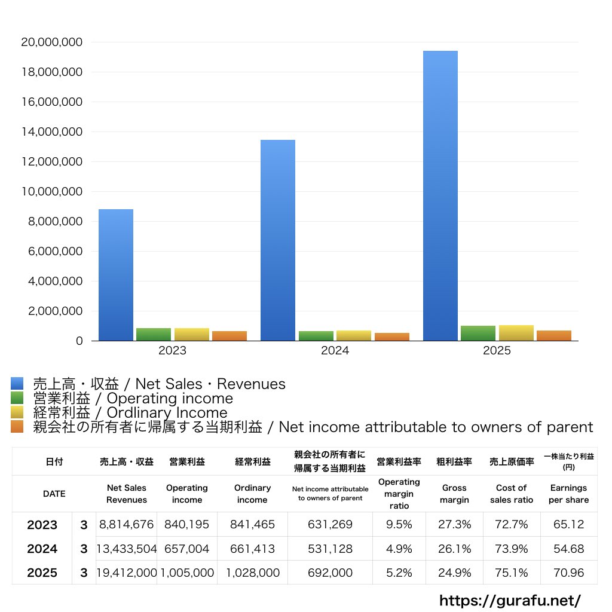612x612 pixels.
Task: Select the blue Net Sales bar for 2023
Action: coord(116,275)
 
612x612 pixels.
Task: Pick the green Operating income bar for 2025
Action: coord(478,333)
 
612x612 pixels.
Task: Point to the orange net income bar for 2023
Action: coord(229,336)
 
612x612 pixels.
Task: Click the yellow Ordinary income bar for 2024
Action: coord(354,336)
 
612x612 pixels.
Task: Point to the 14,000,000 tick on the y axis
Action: coord(51,132)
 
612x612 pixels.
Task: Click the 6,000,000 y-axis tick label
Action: coord(51,252)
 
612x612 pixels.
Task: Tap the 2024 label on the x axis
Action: coord(335,351)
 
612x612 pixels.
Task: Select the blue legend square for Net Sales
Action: coord(17,384)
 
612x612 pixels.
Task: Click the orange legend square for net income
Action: coord(17,427)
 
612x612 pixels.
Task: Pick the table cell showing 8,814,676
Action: coord(127,525)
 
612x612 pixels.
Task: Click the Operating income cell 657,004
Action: coord(187,549)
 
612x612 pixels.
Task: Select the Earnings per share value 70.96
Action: coord(568,573)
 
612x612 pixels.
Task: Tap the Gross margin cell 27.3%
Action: coord(454,525)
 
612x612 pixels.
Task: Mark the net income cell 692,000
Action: coord(330,573)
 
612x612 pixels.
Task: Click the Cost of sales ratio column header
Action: coord(511,494)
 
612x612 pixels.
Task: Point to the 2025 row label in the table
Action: coord(42,573)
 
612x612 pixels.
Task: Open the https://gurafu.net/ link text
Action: coord(510,600)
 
